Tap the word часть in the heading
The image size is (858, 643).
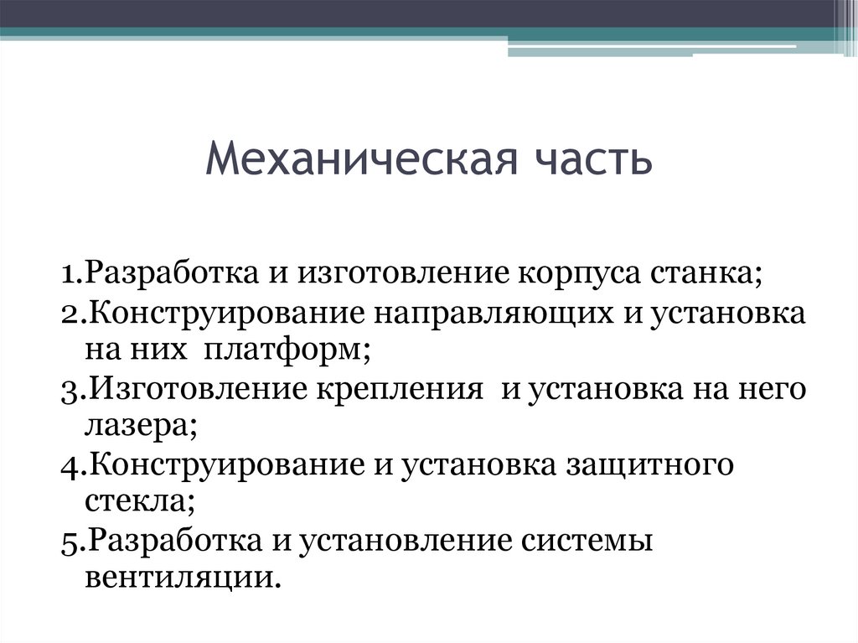(x=599, y=159)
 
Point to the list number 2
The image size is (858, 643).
(x=68, y=314)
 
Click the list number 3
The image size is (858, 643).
(x=68, y=391)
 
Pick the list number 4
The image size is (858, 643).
(x=68, y=467)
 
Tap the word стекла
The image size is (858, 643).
(x=138, y=503)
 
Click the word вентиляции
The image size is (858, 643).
(x=178, y=580)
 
